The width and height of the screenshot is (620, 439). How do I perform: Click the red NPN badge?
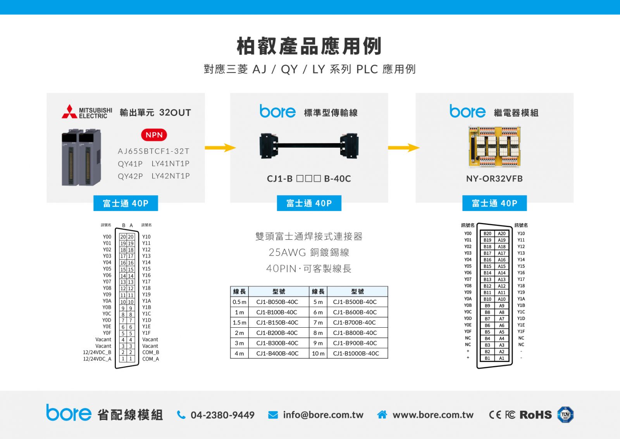154,135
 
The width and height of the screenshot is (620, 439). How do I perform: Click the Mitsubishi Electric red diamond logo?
69,111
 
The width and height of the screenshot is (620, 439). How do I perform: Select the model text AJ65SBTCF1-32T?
153,151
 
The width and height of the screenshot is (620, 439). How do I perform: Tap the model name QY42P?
130,176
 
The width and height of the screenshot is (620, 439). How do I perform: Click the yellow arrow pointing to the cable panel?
220,148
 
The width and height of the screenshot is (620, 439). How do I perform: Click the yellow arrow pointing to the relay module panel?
404,148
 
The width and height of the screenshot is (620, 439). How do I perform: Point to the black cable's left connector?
269,146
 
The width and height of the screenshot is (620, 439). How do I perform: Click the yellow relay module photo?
494,147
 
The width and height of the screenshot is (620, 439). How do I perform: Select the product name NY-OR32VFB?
494,179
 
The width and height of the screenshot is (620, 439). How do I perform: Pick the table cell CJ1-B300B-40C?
277,343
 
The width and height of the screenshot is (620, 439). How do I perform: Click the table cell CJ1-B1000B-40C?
356,353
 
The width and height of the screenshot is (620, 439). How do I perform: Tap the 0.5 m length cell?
239,302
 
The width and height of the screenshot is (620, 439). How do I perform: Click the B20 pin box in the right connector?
487,233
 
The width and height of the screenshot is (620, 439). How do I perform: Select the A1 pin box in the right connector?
501,358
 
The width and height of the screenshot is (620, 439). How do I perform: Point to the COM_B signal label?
151,352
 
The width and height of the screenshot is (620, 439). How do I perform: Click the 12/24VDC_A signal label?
97,359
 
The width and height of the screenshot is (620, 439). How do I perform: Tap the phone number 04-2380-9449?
222,415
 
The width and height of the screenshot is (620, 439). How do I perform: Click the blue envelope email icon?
273,415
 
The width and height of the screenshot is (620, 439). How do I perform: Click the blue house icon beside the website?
382,415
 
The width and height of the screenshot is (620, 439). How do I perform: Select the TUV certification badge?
565,415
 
